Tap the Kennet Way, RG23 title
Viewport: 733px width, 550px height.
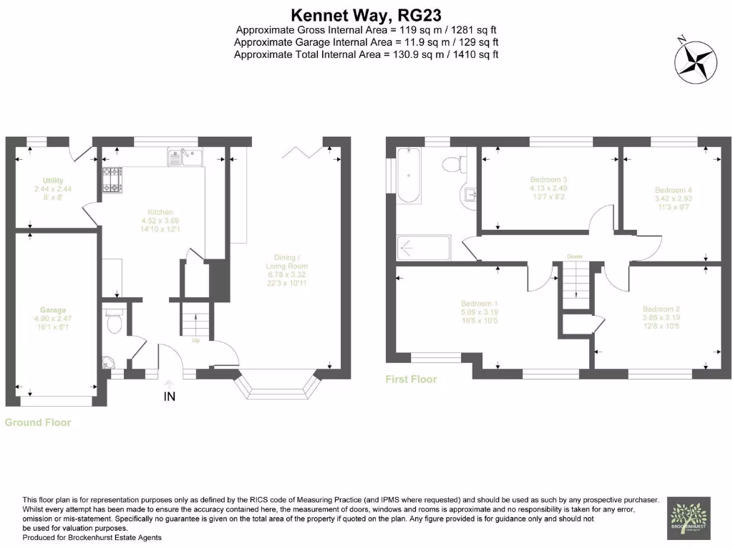coord(366,14)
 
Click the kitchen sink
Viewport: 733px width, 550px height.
coord(185,155)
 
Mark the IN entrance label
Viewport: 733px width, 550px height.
coord(170,396)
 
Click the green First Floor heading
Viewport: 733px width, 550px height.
coord(411,379)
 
